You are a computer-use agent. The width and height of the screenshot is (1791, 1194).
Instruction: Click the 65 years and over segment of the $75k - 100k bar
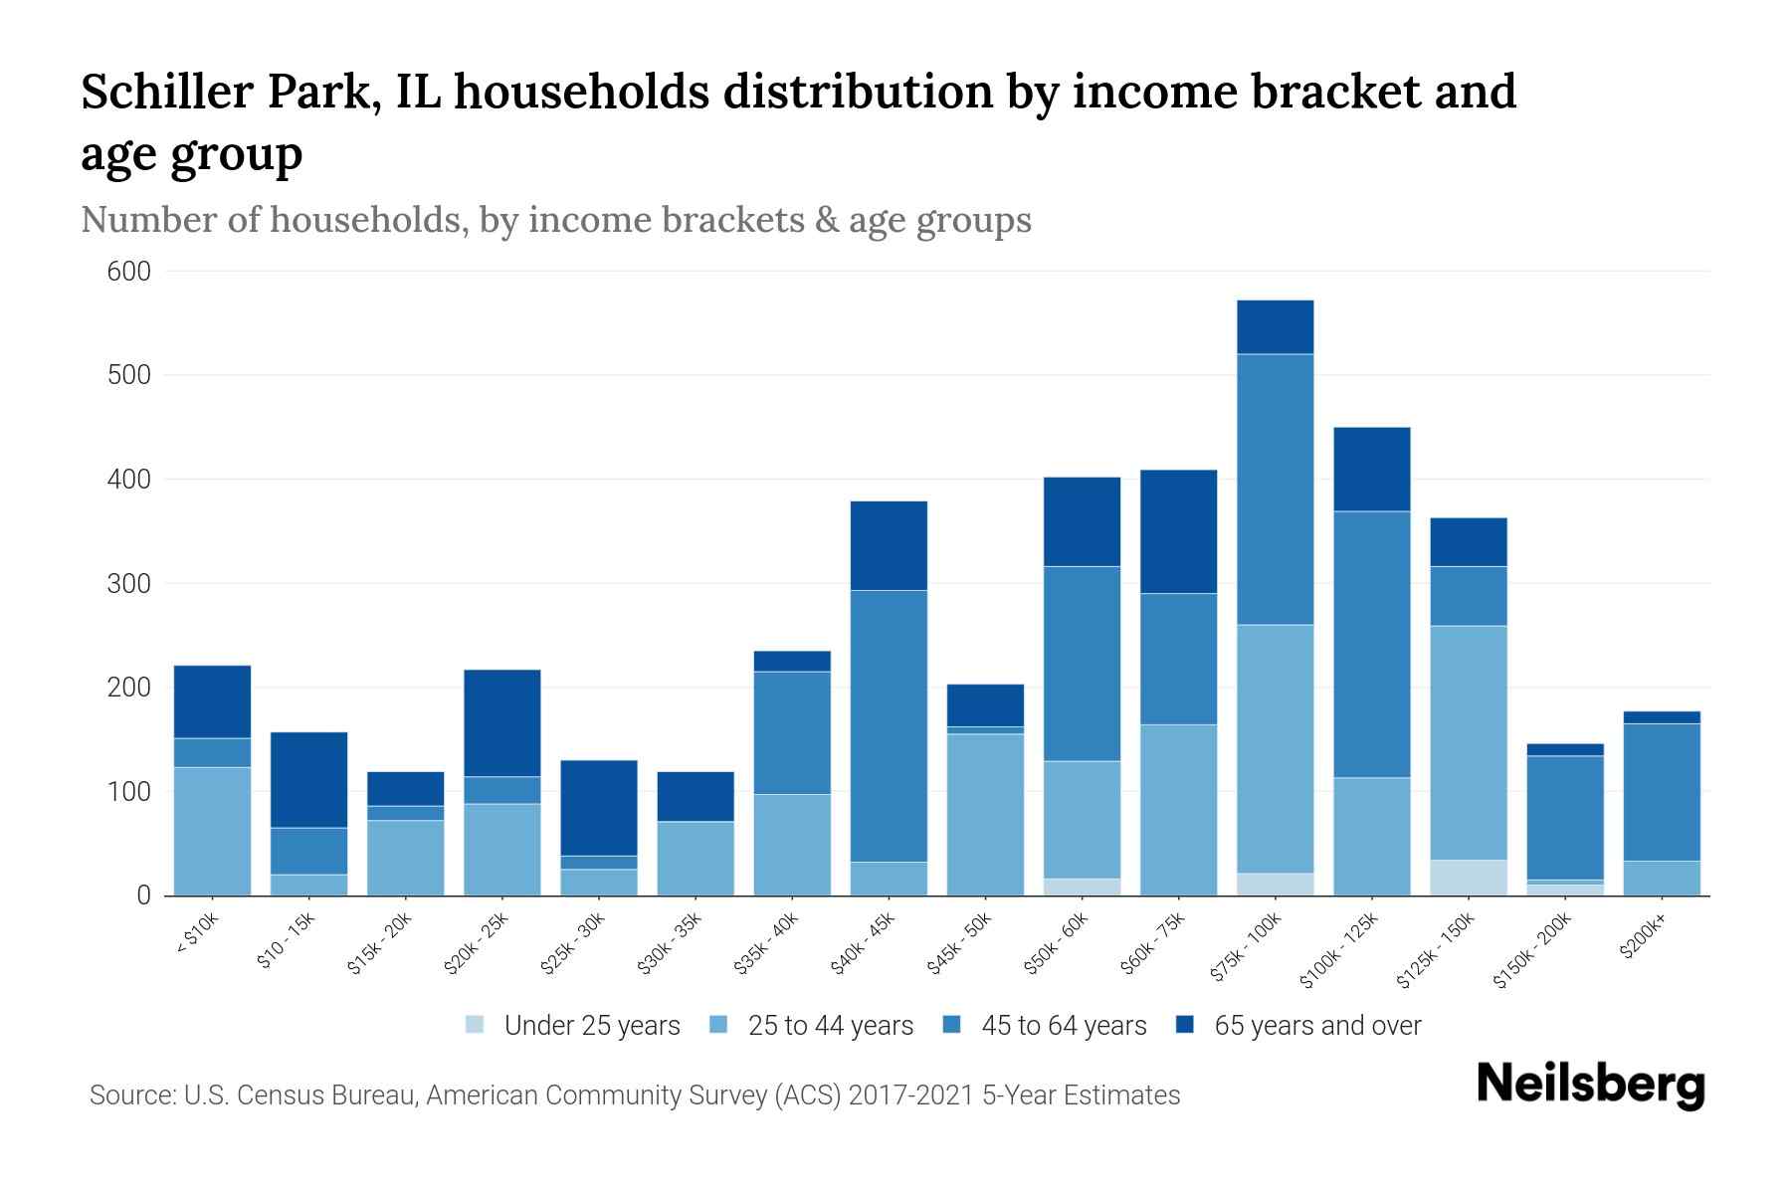pos(1275,326)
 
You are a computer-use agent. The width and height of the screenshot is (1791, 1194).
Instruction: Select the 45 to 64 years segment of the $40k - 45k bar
pos(889,725)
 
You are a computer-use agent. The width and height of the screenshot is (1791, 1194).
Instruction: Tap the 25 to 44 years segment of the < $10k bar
pos(212,831)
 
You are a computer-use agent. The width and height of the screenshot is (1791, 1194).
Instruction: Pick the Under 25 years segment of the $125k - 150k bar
pos(1468,877)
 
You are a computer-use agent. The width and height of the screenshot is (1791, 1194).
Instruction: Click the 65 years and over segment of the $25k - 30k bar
pos(598,807)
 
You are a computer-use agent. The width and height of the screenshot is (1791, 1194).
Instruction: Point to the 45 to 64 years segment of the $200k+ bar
pos(1661,792)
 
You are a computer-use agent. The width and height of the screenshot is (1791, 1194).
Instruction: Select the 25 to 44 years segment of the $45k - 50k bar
pos(985,814)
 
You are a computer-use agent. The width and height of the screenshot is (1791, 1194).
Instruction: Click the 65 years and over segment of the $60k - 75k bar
pos(1178,531)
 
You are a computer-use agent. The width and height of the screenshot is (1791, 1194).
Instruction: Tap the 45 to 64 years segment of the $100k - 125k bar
pos(1371,644)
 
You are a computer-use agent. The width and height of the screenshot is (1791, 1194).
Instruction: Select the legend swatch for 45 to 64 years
pos(952,1025)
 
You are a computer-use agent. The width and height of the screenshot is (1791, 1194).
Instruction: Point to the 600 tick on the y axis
pos(129,272)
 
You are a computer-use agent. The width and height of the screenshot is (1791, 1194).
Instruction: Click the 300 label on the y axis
pos(129,584)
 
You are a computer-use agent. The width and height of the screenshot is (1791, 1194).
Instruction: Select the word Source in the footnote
pos(130,1095)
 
